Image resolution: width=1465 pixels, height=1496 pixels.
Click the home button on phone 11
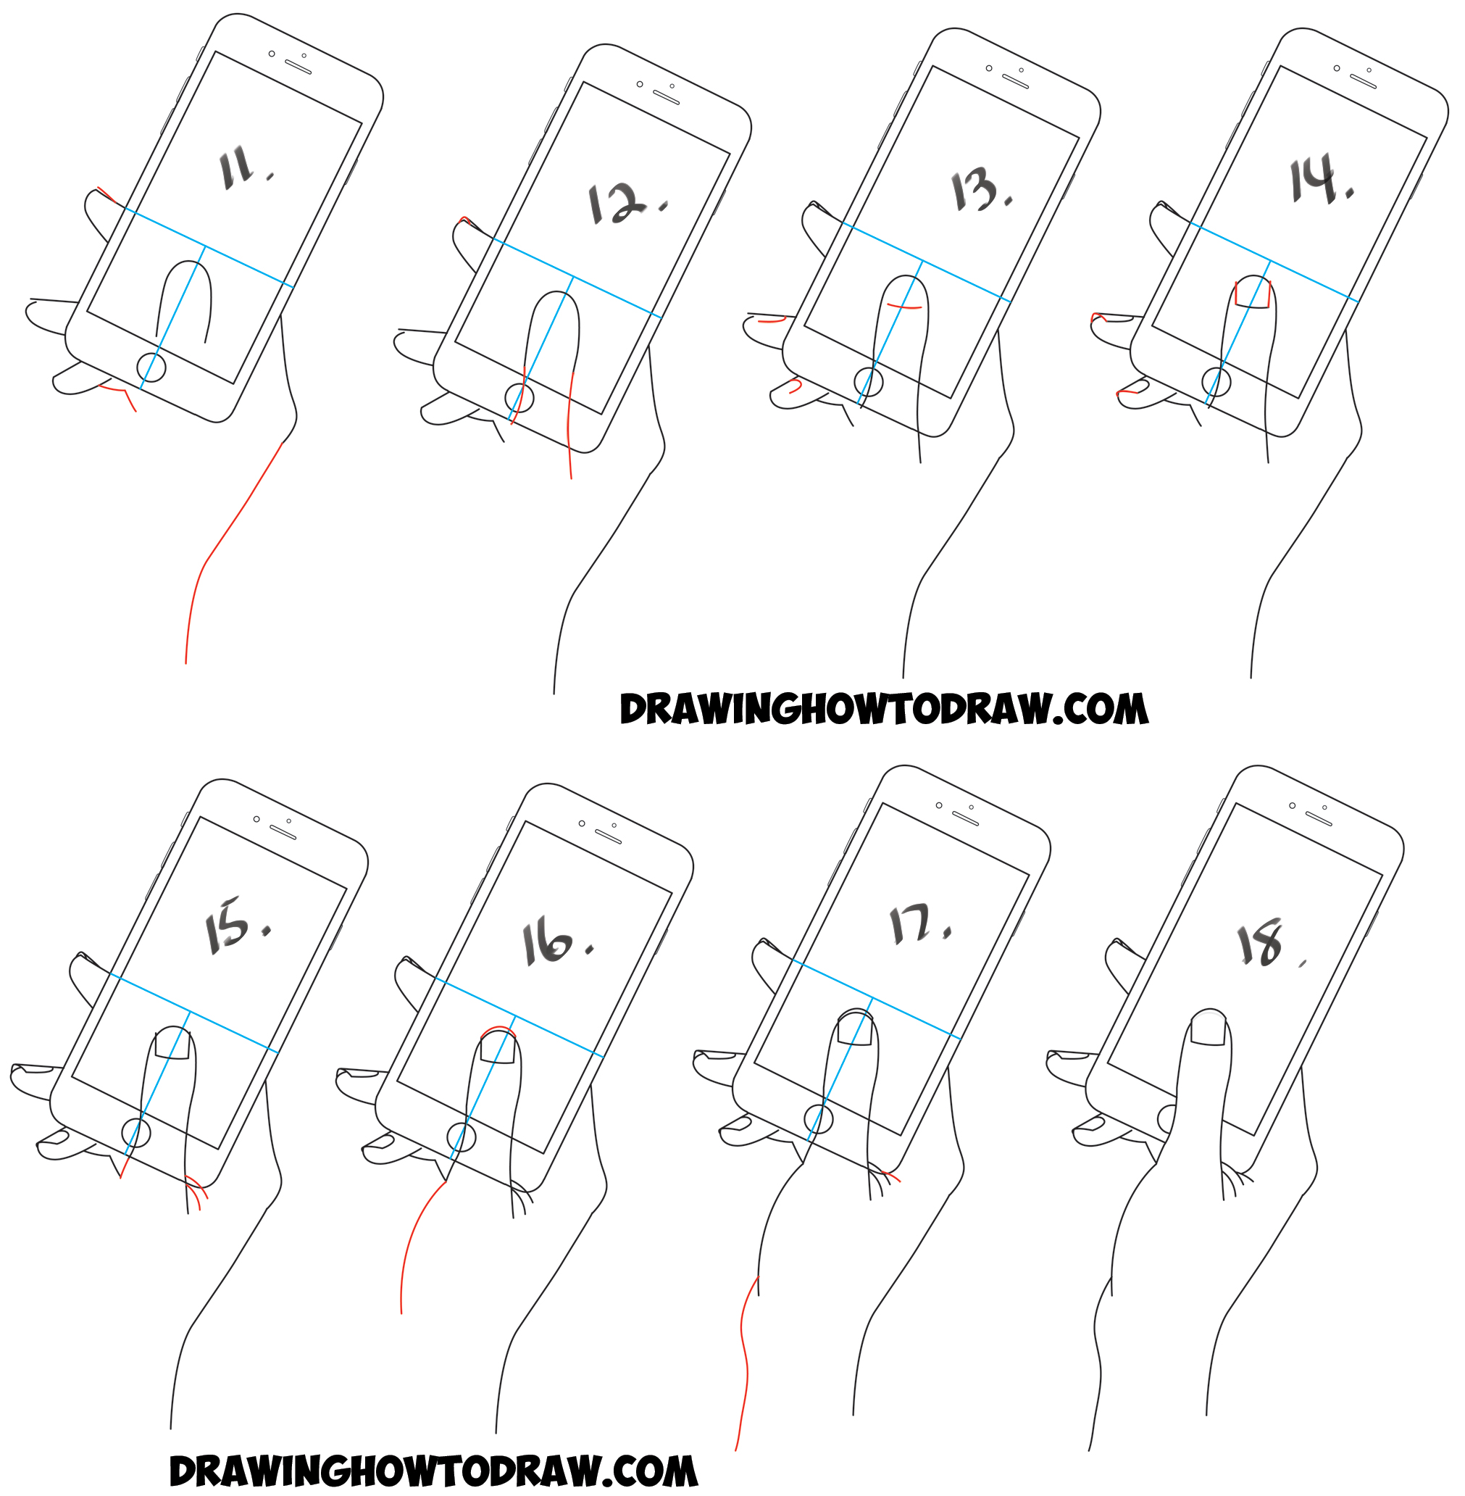point(151,368)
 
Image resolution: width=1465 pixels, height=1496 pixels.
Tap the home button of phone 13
point(869,382)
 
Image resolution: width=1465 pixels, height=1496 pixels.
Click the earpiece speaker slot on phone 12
point(667,98)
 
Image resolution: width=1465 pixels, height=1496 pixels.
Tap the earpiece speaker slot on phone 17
point(965,819)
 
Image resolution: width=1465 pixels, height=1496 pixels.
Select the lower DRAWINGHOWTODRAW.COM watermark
point(433,1471)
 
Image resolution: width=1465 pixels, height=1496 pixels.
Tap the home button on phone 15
point(136,1133)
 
